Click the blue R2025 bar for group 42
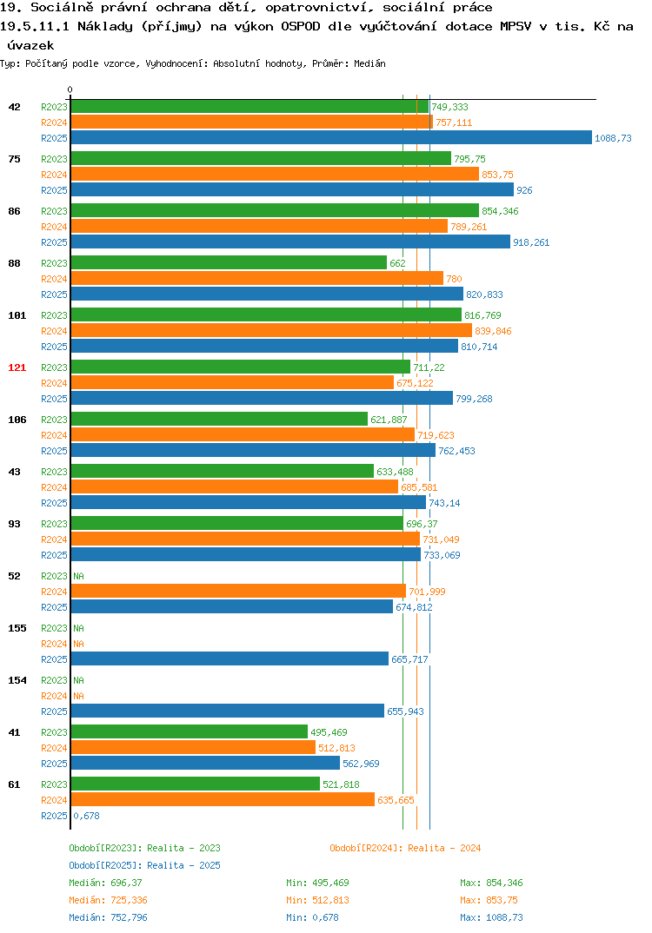pos(332,137)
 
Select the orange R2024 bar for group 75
pos(275,174)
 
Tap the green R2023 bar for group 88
pos(230,262)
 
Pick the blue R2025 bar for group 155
pos(230,658)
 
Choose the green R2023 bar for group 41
pos(190,731)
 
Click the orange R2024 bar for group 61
pos(223,799)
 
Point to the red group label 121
pos(17,367)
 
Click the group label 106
pos(17,420)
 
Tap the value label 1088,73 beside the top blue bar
pos(613,138)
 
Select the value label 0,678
pos(86,816)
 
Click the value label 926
pos(524,190)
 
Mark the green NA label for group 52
pos(78,576)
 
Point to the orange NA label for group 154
pos(78,696)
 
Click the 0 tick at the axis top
pos(70,89)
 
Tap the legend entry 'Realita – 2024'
pos(444,848)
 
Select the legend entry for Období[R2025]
pos(144,865)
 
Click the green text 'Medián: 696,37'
pos(105,883)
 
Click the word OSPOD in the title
pos(301,27)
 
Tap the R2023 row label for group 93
pos(54,524)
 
